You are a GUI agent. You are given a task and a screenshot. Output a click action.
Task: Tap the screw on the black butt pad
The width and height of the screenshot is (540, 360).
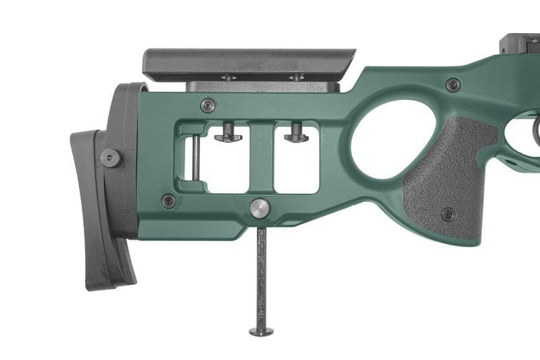[111, 157]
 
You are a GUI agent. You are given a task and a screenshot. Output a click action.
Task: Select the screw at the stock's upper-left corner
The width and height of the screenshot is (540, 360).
[208, 105]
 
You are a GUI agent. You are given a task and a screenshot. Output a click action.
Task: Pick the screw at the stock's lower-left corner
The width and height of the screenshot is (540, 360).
[168, 201]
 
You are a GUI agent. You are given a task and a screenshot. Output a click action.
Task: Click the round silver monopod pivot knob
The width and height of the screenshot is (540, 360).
[260, 208]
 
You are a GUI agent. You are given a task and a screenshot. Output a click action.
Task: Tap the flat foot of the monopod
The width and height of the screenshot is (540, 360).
[261, 331]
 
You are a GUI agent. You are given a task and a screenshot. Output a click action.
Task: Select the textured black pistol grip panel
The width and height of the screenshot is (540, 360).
[446, 176]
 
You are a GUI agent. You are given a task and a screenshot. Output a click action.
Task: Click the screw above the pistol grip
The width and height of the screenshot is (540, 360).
[453, 85]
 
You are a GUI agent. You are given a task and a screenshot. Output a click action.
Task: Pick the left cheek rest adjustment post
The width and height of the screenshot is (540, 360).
[228, 134]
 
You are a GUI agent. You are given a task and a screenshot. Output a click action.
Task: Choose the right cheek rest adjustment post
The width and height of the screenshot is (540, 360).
[296, 134]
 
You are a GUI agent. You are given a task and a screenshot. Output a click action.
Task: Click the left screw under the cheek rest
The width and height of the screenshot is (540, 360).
[228, 78]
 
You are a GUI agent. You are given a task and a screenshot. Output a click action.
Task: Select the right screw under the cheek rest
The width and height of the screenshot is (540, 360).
[295, 78]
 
